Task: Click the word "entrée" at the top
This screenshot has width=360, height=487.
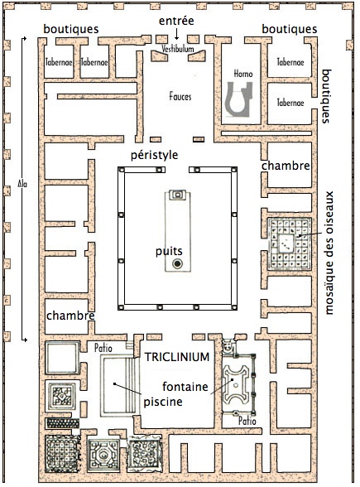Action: click(x=176, y=21)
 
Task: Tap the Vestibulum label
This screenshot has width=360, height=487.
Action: click(x=177, y=49)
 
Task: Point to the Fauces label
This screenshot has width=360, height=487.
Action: click(x=180, y=96)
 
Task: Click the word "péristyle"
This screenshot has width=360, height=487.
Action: click(x=154, y=155)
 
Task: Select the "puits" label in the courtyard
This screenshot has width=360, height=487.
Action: click(x=169, y=251)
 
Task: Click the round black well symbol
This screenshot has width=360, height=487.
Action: click(x=177, y=263)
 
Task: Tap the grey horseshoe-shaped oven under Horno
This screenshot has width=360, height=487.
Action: click(x=238, y=99)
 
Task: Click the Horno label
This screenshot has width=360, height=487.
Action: click(x=243, y=74)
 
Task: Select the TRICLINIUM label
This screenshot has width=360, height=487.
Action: click(x=177, y=357)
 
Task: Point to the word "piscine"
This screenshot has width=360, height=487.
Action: click(x=163, y=402)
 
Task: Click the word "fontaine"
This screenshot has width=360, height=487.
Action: click(x=185, y=387)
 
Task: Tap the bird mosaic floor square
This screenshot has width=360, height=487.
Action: click(x=289, y=243)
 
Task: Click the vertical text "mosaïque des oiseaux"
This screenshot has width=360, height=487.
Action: click(x=329, y=253)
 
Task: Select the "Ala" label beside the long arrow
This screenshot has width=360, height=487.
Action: click(x=22, y=184)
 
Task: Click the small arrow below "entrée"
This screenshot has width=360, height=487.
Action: click(x=176, y=34)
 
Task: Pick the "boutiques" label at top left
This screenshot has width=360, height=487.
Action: click(x=71, y=29)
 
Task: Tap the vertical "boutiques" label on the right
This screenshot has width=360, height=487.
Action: click(x=326, y=96)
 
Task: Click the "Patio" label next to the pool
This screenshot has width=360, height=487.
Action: click(x=103, y=348)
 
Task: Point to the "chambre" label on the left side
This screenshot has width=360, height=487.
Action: click(x=70, y=316)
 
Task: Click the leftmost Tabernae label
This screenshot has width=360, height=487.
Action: click(x=59, y=62)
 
